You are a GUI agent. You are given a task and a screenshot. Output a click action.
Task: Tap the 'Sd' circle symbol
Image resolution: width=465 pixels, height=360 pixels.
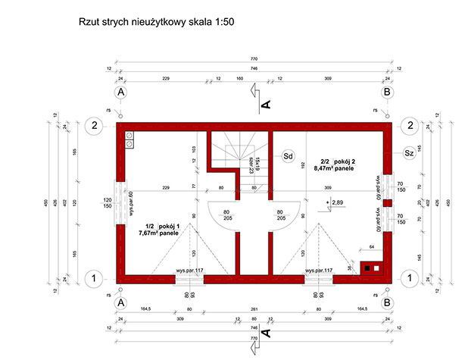(x=288, y=157)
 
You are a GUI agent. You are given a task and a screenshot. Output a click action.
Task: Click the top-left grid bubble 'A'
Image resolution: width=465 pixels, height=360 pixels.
(x=120, y=92)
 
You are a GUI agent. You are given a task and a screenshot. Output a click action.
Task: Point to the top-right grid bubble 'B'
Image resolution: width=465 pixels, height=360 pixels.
(x=387, y=92)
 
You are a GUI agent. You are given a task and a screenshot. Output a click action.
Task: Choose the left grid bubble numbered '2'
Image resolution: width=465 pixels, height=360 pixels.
(x=92, y=125)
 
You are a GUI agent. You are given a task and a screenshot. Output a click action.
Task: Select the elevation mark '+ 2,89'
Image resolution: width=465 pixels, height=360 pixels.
(x=334, y=203)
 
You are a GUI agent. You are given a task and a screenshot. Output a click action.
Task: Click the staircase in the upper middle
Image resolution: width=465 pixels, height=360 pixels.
(x=236, y=155)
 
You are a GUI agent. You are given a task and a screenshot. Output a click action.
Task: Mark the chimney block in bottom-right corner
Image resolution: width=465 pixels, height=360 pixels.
(x=373, y=267)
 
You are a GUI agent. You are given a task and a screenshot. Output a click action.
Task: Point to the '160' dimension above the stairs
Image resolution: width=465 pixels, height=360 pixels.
(x=239, y=78)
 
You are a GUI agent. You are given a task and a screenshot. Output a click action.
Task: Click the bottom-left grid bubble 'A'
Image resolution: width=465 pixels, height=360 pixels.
(x=120, y=302)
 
